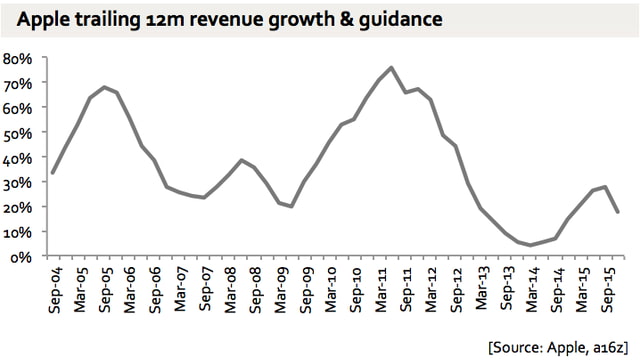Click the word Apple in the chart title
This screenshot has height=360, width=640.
pyautogui.click(x=41, y=19)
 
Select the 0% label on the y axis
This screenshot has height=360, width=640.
pyautogui.click(x=22, y=257)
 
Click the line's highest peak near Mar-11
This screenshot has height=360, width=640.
pyautogui.click(x=390, y=68)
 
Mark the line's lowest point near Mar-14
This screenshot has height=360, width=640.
pyautogui.click(x=530, y=245)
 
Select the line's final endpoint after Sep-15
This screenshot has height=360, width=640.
pyautogui.click(x=617, y=212)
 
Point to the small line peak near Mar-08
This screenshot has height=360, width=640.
pyautogui.click(x=241, y=160)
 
